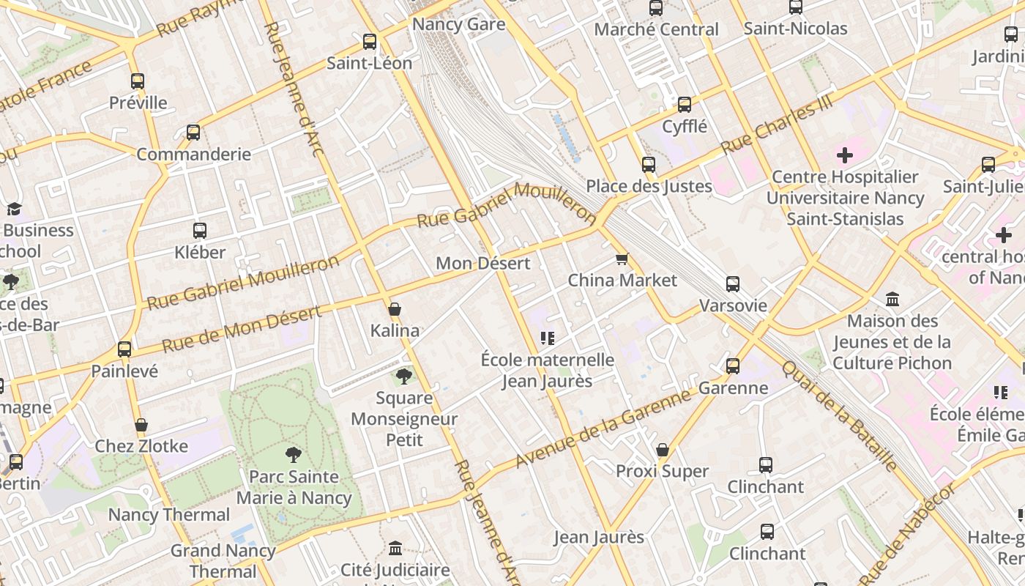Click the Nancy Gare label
tap(458, 24)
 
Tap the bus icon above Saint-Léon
tap(370, 42)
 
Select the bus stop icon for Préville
tap(138, 81)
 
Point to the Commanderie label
tap(193, 155)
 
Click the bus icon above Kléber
tap(200, 231)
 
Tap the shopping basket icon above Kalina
tap(394, 309)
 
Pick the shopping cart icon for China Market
tap(622, 259)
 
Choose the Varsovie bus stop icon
tap(733, 284)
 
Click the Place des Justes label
tap(649, 186)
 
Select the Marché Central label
tap(656, 29)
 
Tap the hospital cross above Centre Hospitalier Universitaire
tap(845, 155)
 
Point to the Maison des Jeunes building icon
tap(892, 300)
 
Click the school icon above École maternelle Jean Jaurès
tap(547, 338)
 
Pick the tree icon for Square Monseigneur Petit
tap(403, 377)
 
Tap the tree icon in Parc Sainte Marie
tap(294, 455)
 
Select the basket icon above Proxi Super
tap(663, 450)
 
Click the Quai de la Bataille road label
tap(839, 415)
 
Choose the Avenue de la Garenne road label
tap(603, 429)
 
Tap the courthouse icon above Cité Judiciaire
tap(395, 548)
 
